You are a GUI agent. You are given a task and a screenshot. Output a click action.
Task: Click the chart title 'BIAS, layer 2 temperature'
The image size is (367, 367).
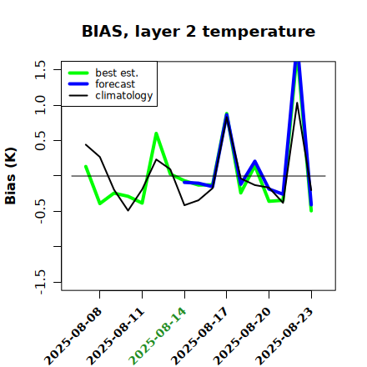click(x=199, y=31)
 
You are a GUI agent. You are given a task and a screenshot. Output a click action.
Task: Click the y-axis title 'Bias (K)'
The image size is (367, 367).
click(x=11, y=176)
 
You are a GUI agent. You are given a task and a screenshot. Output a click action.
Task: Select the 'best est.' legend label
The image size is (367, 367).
click(x=117, y=73)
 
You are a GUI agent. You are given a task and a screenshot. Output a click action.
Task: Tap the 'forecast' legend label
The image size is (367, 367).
click(x=115, y=84)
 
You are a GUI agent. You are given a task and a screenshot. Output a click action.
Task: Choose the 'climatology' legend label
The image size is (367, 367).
click(x=124, y=96)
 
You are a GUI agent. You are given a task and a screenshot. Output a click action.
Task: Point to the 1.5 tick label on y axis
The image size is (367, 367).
click(x=40, y=69)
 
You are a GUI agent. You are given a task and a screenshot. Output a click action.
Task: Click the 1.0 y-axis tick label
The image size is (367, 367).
click(x=40, y=105)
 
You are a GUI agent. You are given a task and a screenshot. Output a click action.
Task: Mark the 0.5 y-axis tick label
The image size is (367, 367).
click(x=40, y=141)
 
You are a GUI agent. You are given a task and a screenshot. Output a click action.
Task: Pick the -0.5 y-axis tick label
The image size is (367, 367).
click(x=40, y=212)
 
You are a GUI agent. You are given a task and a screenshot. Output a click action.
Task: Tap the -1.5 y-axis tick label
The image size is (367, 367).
click(x=40, y=283)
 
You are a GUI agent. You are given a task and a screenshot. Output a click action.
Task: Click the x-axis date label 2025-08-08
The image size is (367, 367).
click(x=73, y=336)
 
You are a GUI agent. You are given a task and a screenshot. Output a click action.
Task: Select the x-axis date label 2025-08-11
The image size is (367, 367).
click(x=115, y=336)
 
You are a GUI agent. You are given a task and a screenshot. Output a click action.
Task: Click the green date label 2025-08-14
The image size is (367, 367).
click(x=158, y=336)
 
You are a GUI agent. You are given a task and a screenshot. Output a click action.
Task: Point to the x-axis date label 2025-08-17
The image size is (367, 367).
click(x=200, y=336)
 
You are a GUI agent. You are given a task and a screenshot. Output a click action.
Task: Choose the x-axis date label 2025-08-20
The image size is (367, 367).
click(x=242, y=336)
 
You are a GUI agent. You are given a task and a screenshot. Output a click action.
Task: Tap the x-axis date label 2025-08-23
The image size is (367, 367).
click(x=284, y=336)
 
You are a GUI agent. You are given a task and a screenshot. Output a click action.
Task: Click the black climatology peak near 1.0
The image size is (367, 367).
click(x=297, y=103)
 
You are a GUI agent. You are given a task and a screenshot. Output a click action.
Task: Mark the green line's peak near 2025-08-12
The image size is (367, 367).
click(x=156, y=133)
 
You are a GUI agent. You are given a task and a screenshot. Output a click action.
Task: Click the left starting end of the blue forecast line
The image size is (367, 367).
click(x=184, y=182)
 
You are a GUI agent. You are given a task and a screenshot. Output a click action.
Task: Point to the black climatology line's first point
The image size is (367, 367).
click(x=86, y=144)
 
